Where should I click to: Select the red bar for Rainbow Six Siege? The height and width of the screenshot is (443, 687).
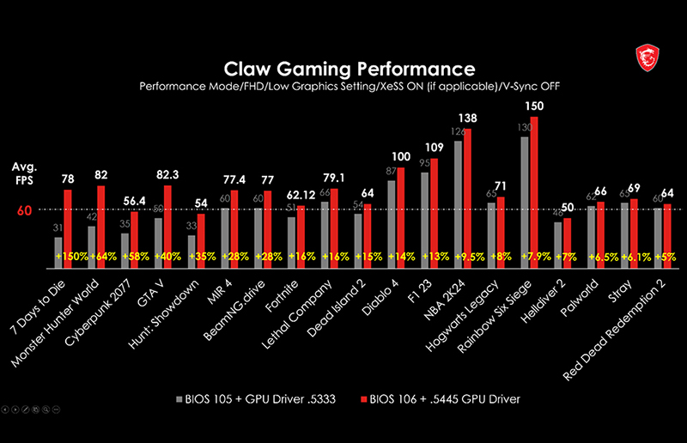tap(534, 189)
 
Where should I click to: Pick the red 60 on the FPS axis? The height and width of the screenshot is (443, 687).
tap(23, 209)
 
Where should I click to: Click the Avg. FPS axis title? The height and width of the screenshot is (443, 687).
tap(23, 173)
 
